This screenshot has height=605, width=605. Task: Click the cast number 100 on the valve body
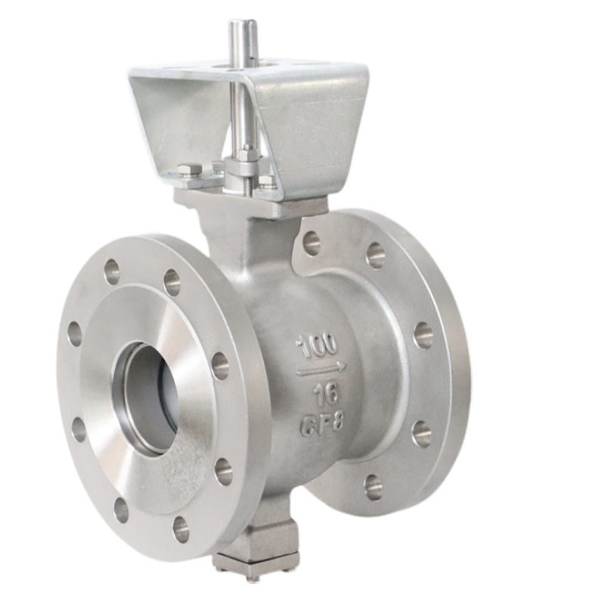click(317, 346)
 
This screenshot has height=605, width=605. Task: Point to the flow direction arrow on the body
click(321, 370)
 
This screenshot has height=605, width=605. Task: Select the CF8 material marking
click(321, 424)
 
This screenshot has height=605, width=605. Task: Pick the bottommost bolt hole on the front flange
click(181, 529)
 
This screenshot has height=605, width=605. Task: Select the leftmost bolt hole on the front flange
click(75, 334)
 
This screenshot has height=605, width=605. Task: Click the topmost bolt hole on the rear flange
click(312, 243)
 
